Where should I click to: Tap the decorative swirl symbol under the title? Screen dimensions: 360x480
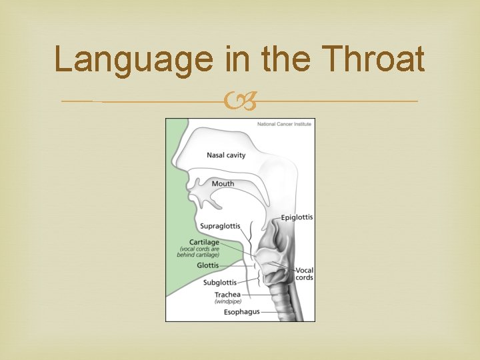pyautogui.click(x=240, y=102)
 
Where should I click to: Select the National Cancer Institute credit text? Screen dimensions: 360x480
pyautogui.click(x=284, y=124)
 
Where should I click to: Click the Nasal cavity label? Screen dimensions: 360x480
pyautogui.click(x=226, y=155)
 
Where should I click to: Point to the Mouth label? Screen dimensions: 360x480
pyautogui.click(x=223, y=184)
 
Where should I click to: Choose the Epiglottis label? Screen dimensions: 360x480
pyautogui.click(x=297, y=217)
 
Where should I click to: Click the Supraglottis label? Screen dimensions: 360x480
pyautogui.click(x=220, y=226)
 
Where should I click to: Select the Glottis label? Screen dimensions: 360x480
pyautogui.click(x=207, y=265)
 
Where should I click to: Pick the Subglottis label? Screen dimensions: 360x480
pyautogui.click(x=219, y=283)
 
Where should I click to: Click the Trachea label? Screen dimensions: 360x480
pyautogui.click(x=227, y=295)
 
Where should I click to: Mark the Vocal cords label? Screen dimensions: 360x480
pyautogui.click(x=304, y=274)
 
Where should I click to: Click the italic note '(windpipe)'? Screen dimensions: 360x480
pyautogui.click(x=227, y=301)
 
